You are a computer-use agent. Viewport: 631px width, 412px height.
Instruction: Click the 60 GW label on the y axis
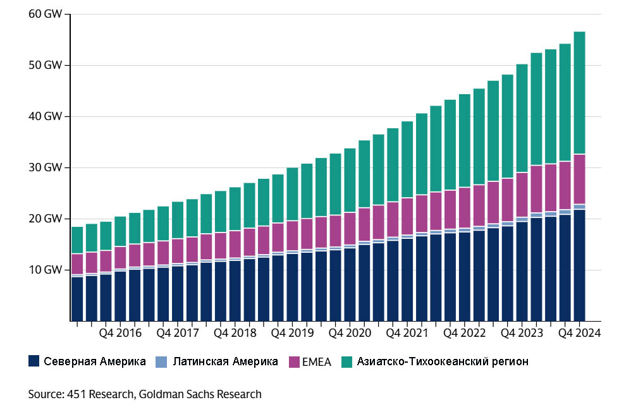44,14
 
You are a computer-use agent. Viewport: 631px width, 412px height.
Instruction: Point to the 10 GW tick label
44,270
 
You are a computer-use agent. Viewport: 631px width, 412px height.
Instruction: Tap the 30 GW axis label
44,167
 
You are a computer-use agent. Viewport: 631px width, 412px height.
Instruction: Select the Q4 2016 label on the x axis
120,333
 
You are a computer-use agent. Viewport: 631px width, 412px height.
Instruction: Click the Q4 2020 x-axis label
350,333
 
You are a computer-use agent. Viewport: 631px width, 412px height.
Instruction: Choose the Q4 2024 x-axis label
579,333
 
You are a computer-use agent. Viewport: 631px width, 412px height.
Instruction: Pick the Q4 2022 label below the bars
465,333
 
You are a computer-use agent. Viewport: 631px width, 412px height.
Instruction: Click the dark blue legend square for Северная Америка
35,361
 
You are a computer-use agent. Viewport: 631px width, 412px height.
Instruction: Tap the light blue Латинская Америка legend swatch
162,361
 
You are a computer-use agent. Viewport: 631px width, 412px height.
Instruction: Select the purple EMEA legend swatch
295,361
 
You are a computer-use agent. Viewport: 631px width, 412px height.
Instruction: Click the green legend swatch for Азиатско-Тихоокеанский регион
347,361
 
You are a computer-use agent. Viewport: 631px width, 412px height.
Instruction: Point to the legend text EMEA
321,361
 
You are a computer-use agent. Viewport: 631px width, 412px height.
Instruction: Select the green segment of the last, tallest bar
579,92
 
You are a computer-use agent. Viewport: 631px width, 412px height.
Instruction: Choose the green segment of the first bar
77,240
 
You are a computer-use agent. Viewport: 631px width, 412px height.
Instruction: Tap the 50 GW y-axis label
44,65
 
